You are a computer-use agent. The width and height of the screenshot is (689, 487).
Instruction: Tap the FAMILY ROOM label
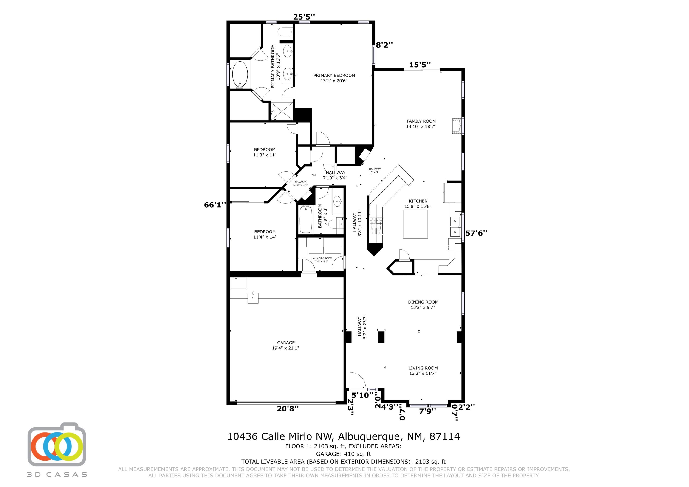(421, 121)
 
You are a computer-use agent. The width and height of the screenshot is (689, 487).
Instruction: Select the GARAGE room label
(286, 343)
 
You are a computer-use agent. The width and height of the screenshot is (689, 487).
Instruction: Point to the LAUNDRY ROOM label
(322, 258)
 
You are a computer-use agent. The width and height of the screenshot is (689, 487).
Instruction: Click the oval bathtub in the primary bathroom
(240, 74)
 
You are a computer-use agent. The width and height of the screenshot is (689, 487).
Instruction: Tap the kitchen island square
(415, 224)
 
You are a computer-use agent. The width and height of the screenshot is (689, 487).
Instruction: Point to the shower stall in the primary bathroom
(282, 111)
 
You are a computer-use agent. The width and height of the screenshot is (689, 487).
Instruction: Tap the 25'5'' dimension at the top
(304, 17)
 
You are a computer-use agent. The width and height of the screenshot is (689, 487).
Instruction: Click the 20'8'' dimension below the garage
(288, 408)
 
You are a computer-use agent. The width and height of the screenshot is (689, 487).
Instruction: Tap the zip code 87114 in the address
(444, 436)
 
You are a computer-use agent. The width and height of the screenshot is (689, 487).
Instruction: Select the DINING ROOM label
(423, 302)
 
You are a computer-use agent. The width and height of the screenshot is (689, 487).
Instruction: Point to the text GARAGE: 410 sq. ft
(344, 454)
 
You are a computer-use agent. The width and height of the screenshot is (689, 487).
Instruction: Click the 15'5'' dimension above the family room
(420, 65)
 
